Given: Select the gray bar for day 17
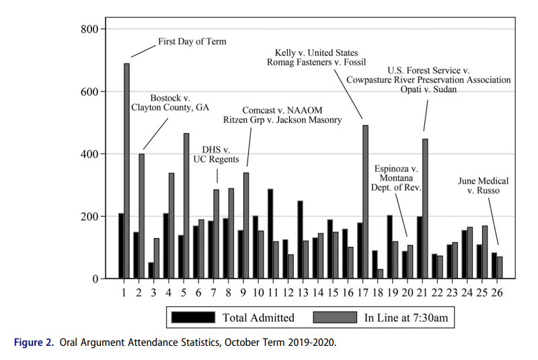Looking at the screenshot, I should pos(365,202).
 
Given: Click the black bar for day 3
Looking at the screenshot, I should pos(151,271).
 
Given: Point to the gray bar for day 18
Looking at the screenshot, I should pos(380,274).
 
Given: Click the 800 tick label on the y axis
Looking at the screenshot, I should pos(89,29).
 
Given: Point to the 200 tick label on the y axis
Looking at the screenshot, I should pos(89,217).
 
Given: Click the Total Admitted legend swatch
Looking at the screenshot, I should pos(194,317).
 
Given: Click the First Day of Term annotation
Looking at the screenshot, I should pos(192,41).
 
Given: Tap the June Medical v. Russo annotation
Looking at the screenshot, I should pos(483,186).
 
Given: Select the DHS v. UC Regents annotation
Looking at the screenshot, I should pos(217,154).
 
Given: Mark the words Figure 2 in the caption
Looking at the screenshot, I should pos(33,343).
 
